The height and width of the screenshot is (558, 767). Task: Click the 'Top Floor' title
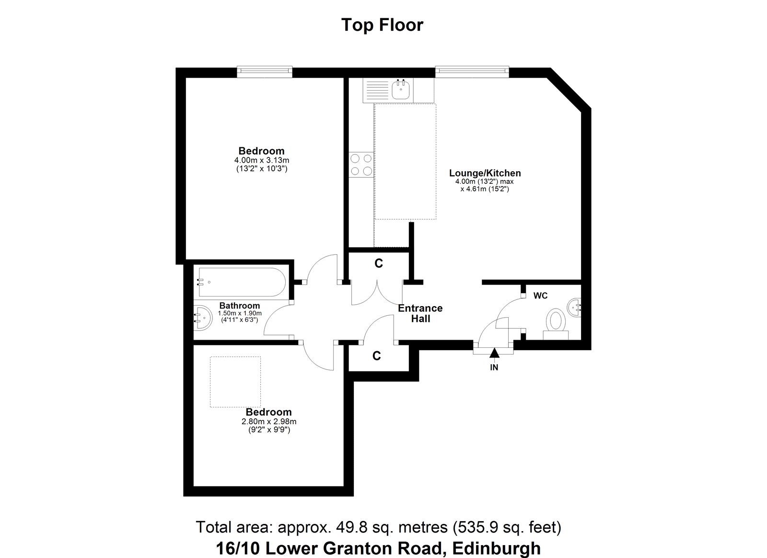(382, 25)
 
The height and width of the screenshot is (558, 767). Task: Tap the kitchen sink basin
(401, 89)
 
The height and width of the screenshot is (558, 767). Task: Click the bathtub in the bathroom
(242, 282)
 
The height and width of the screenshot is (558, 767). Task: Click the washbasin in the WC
(574, 308)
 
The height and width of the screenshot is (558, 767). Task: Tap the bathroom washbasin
(203, 318)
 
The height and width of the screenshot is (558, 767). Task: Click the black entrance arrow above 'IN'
(494, 353)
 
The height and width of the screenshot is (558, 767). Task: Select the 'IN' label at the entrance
(494, 368)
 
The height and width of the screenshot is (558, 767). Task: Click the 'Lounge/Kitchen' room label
(485, 173)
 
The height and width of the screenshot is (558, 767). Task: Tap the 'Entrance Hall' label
(420, 313)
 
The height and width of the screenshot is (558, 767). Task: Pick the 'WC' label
(540, 296)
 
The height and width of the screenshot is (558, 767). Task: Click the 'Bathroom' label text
(239, 306)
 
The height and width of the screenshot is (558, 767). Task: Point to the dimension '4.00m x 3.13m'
(262, 160)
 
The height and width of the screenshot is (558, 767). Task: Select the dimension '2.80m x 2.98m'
(269, 422)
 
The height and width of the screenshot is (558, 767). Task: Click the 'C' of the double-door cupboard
(378, 263)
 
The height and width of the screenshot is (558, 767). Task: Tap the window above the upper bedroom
(265, 71)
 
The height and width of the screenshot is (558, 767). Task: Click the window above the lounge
(472, 71)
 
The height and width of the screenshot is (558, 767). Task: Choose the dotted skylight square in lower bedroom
(235, 382)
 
